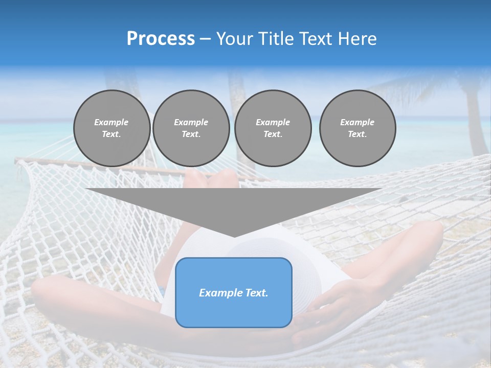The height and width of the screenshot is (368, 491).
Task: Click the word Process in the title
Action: pos(161,39)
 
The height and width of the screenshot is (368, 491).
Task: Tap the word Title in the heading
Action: pos(274,39)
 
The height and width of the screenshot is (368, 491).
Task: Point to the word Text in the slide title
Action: pos(317,39)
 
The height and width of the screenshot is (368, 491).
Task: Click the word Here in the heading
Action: pos(358,39)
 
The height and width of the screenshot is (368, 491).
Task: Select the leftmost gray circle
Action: pos(111,128)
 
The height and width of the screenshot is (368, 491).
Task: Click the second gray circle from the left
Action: pos(191,128)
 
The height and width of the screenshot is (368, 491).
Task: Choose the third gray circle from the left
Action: pos(273,128)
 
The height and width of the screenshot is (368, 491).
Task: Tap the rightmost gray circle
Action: pos(357,128)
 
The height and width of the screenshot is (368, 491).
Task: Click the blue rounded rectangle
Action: pos(233,292)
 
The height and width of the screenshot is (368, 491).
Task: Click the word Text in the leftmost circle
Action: pos(111,134)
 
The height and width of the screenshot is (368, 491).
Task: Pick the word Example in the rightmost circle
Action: pos(357,122)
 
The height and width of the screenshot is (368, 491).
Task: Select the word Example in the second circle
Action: pos(191,122)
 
